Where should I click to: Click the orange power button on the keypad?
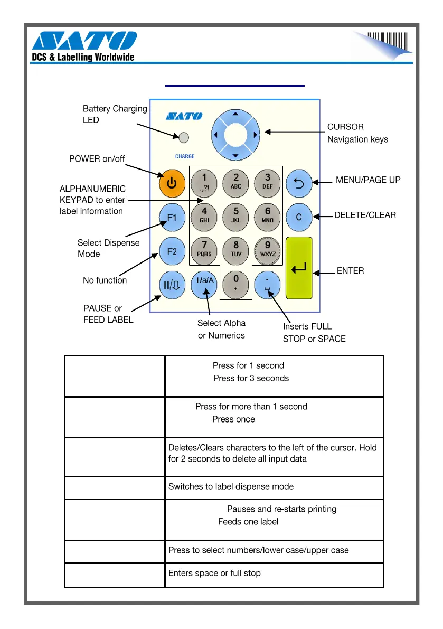(x=172, y=183)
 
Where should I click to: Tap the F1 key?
(x=172, y=217)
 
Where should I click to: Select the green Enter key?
(x=299, y=268)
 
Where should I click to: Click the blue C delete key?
(x=299, y=217)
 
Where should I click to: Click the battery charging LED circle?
(x=184, y=138)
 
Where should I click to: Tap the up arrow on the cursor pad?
(x=235, y=114)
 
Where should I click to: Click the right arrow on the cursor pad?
(x=256, y=135)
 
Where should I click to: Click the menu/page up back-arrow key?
(x=299, y=184)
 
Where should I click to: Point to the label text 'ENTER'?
(x=350, y=271)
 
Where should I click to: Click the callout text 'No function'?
(x=105, y=280)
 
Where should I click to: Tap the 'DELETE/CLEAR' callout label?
(x=365, y=215)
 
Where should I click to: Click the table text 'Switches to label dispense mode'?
(x=231, y=486)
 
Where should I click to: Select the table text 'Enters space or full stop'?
(x=214, y=573)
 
